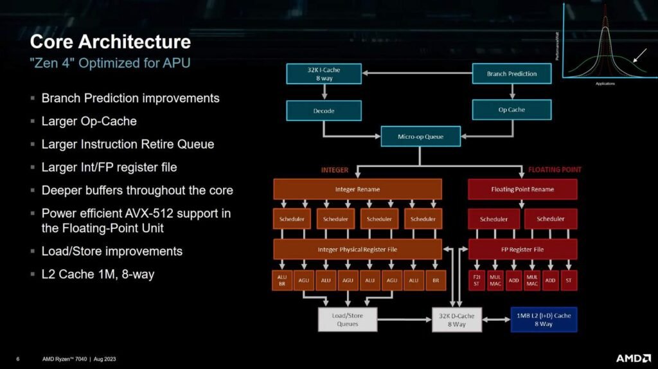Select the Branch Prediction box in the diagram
(511, 74)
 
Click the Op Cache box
(511, 110)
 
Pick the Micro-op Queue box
(420, 136)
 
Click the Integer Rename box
(357, 189)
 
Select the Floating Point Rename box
(522, 189)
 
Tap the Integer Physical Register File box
(357, 249)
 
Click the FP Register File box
(522, 249)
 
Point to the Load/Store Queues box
(347, 319)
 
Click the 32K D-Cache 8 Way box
(456, 319)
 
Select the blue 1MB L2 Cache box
(544, 319)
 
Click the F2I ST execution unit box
(476, 280)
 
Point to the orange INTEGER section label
(335, 170)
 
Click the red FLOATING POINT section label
(555, 170)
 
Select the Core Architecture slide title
(111, 42)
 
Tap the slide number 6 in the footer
(18, 359)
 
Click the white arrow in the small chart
(639, 56)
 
